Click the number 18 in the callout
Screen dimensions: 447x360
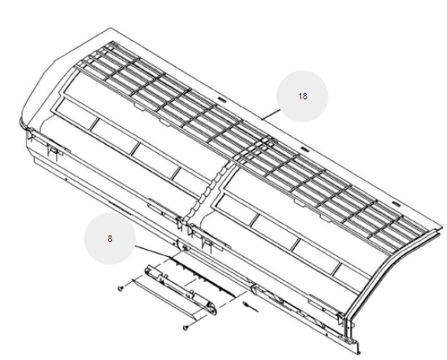[x=303, y=96]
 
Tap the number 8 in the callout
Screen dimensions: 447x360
[x=110, y=239]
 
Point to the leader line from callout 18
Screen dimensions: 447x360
[x=271, y=114]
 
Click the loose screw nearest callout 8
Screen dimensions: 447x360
[x=121, y=288]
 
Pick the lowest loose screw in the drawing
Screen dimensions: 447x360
[x=186, y=328]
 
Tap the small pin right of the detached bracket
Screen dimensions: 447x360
[x=250, y=307]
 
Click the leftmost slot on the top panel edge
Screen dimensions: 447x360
[x=222, y=100]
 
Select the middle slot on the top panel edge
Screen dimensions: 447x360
[x=304, y=150]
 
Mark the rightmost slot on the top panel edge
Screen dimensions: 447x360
[x=396, y=204]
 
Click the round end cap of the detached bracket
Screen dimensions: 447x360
[x=212, y=310]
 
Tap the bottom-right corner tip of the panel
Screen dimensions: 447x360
[x=358, y=354]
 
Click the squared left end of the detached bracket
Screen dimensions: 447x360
[x=148, y=269]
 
